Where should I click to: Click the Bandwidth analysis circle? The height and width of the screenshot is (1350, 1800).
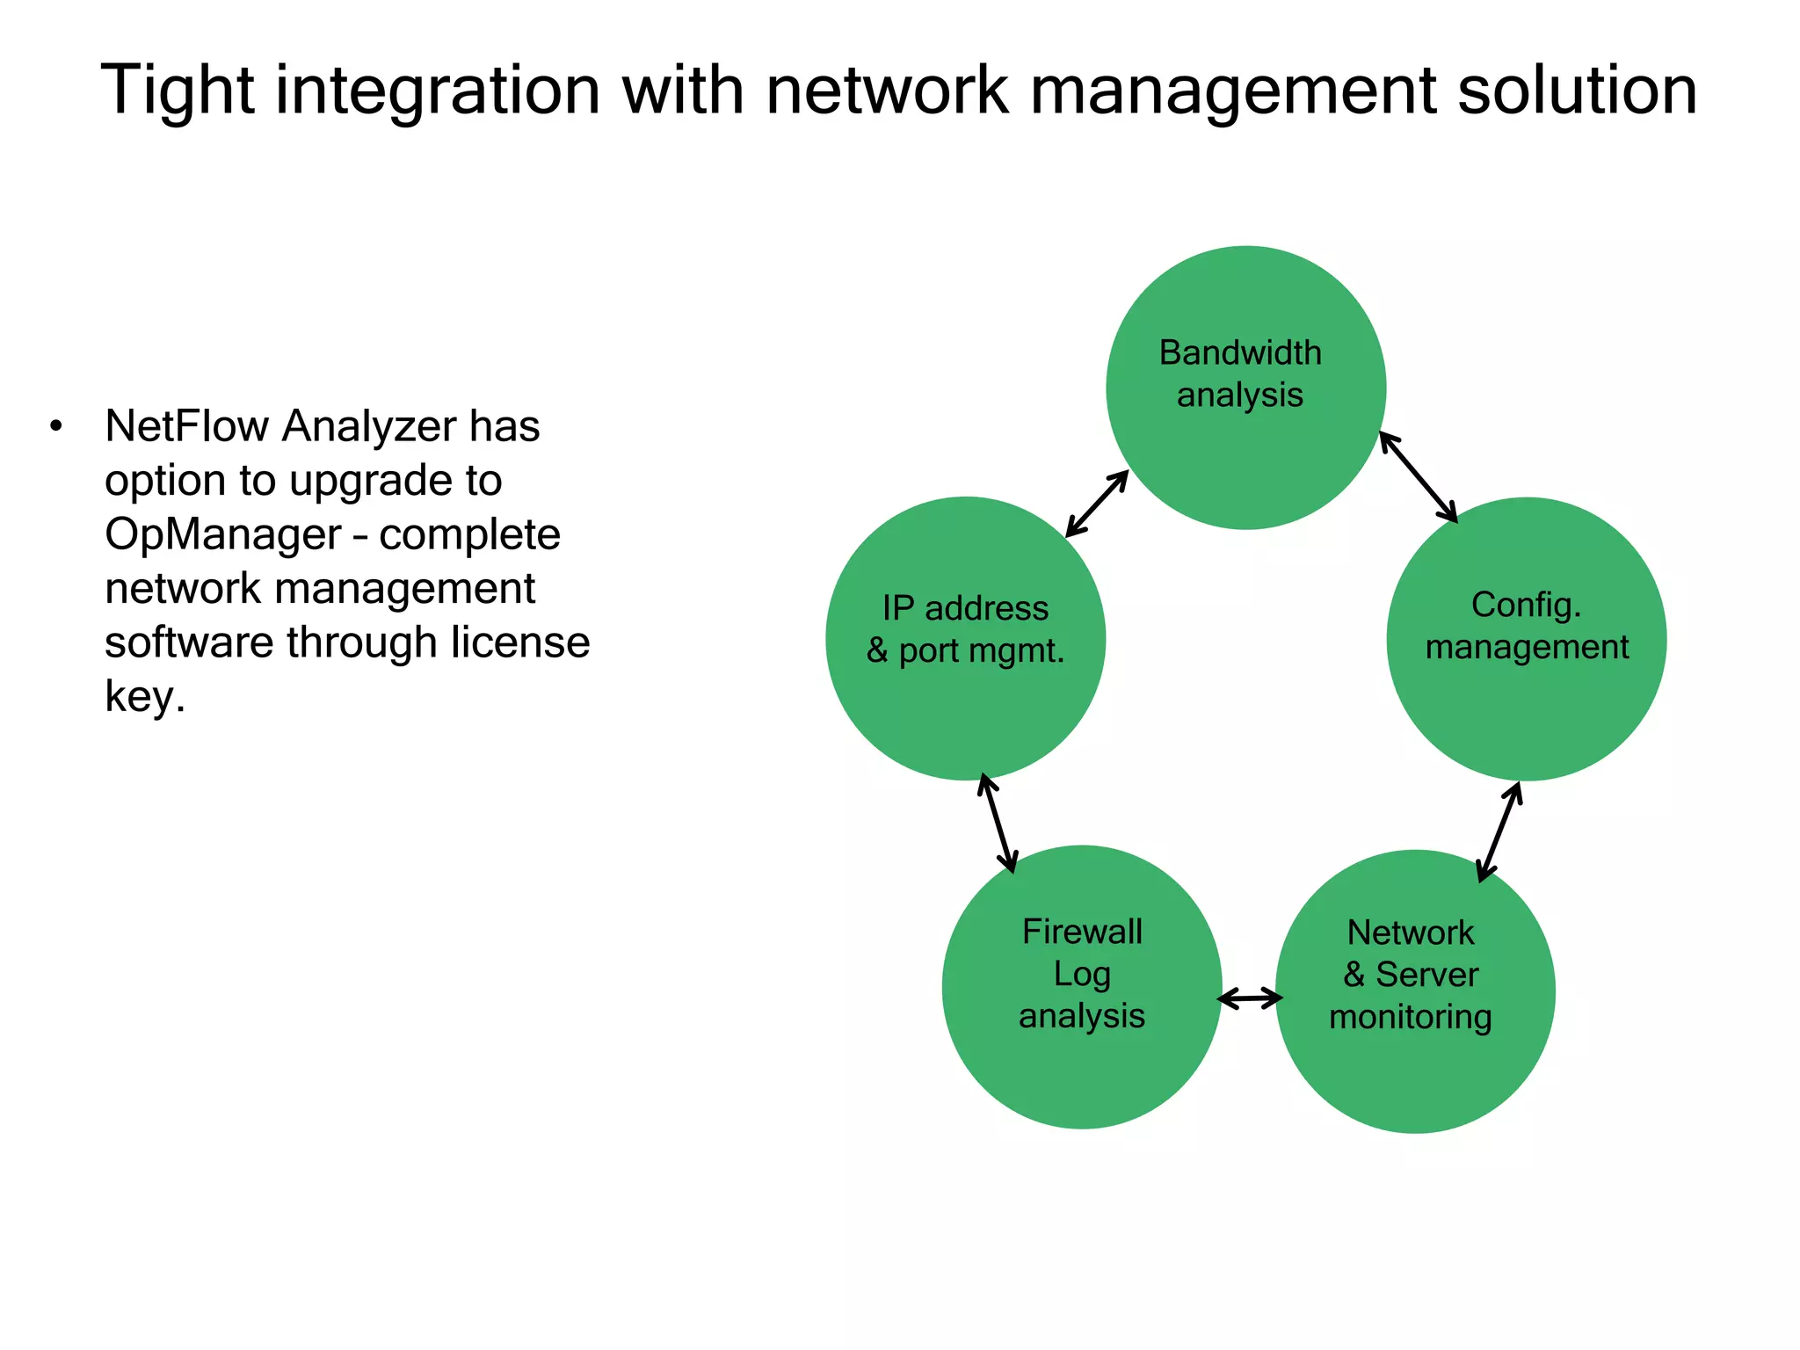coord(1245,388)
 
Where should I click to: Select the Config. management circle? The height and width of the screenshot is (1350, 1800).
coord(1527,639)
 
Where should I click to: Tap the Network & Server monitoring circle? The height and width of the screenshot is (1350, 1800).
coord(1415,991)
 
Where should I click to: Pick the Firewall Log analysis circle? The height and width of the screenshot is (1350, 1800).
coord(1082,987)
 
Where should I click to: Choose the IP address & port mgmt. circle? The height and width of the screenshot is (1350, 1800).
coord(965,638)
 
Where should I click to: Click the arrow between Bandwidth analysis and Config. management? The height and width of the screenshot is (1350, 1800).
coord(1418,476)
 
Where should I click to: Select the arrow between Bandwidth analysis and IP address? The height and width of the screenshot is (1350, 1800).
coord(1097,503)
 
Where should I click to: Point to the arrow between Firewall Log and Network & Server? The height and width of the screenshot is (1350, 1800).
coord(1250,998)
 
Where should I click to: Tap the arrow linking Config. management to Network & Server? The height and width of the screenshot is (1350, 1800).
coord(1499,831)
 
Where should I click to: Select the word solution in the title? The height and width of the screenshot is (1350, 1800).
coord(1577,91)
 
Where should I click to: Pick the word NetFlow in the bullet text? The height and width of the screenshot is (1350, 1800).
coord(186,426)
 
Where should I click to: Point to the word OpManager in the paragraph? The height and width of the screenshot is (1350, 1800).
coord(223,534)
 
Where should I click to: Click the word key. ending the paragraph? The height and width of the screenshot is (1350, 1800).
coord(145,697)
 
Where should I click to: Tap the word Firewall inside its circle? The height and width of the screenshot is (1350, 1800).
coord(1082,932)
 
